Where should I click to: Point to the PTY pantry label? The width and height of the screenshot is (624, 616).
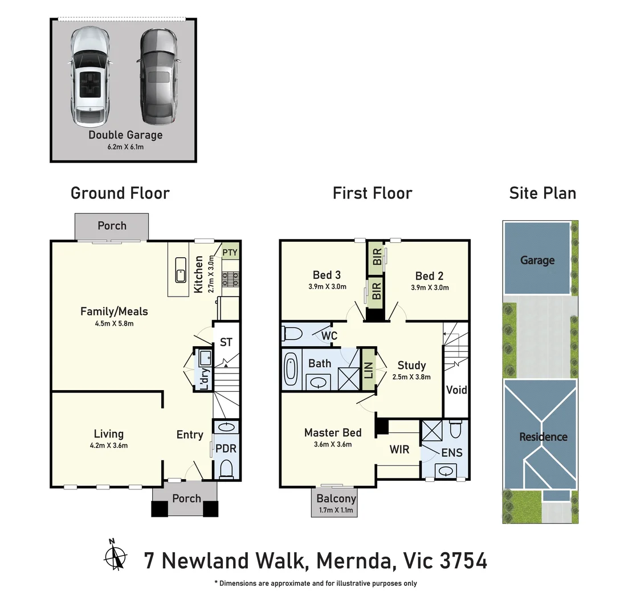click(x=230, y=252)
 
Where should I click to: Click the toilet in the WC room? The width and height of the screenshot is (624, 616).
click(x=292, y=333)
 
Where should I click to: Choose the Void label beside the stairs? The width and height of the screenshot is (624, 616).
click(x=456, y=390)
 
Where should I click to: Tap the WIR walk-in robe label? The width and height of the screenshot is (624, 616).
click(x=399, y=449)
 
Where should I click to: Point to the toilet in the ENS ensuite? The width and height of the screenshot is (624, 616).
click(x=455, y=428)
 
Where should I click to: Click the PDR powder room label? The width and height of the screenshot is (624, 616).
click(x=226, y=449)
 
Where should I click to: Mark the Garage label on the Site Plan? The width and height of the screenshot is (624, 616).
click(x=537, y=260)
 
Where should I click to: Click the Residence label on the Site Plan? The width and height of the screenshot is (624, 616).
click(x=543, y=437)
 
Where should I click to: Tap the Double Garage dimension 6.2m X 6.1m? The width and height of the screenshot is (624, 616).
click(x=125, y=147)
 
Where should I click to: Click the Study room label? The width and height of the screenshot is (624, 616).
click(x=411, y=366)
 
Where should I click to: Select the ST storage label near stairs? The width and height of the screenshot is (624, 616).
click(x=226, y=342)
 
